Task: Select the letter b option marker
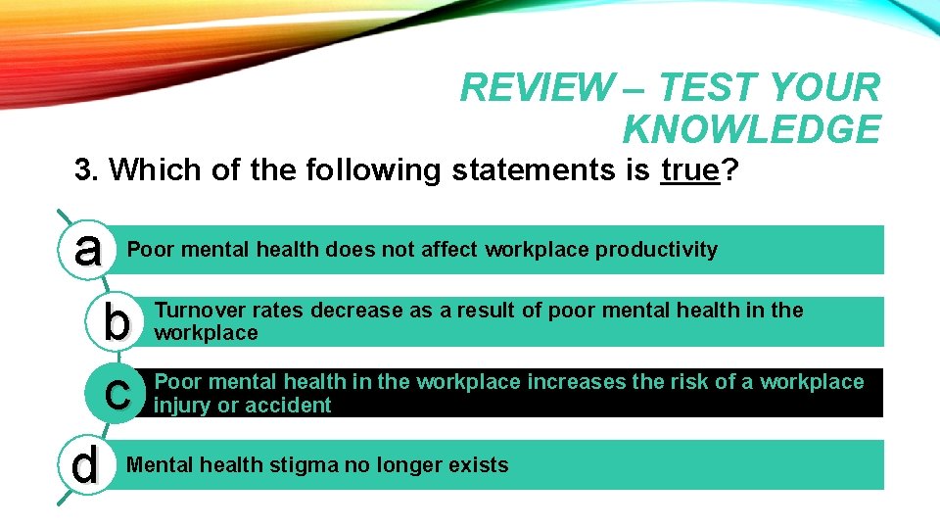tap(117, 322)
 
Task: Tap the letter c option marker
tap(117, 393)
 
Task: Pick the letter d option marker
tap(85, 465)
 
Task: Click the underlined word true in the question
tap(690, 170)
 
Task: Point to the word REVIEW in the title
tap(534, 88)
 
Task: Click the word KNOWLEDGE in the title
tap(751, 129)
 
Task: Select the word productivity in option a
tap(657, 250)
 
